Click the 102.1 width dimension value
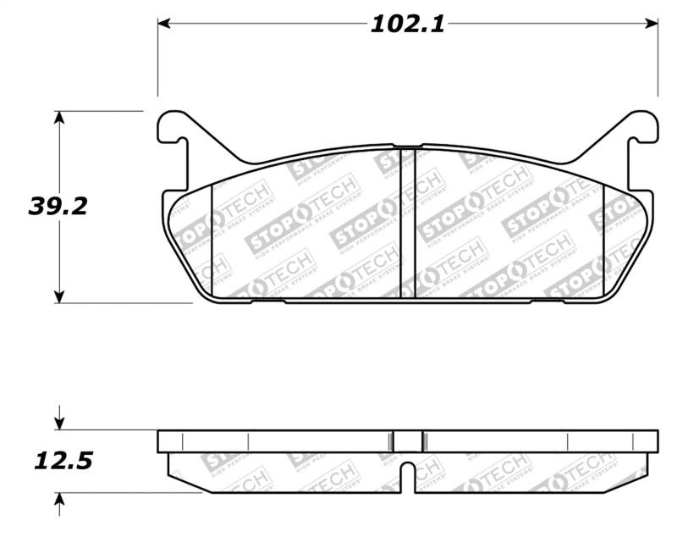407,24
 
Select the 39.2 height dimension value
58,206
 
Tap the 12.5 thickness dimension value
63,462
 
